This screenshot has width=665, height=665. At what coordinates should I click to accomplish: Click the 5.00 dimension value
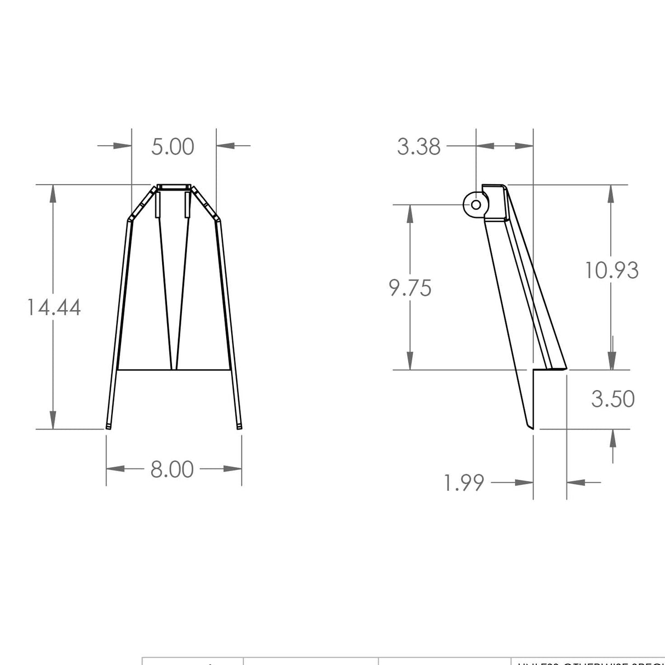click(x=173, y=147)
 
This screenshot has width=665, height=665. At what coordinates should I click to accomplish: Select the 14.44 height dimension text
click(x=54, y=307)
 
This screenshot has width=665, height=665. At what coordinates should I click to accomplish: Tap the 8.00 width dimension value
click(x=172, y=469)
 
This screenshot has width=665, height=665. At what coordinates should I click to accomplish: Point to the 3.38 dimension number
click(x=419, y=147)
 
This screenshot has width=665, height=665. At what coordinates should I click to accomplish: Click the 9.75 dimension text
click(x=410, y=288)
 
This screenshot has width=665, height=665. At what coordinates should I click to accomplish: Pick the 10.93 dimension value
click(x=612, y=271)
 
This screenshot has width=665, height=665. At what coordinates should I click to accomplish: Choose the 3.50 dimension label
click(x=612, y=399)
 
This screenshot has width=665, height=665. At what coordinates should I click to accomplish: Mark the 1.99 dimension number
click(x=464, y=483)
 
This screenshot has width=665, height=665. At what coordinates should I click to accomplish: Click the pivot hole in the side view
click(x=476, y=204)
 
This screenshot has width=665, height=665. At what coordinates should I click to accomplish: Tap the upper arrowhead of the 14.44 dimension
click(x=53, y=193)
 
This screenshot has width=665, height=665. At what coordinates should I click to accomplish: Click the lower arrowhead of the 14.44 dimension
click(x=53, y=421)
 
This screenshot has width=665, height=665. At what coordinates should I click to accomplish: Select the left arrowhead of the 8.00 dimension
click(x=115, y=469)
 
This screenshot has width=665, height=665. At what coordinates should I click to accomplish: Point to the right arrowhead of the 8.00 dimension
click(x=233, y=469)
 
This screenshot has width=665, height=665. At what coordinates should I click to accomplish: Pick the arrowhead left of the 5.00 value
click(x=123, y=146)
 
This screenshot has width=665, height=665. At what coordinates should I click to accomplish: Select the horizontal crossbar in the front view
click(x=173, y=370)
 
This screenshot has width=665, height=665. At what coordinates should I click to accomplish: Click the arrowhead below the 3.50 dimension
click(x=612, y=437)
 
